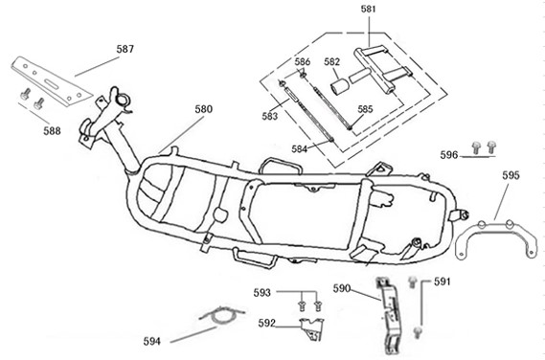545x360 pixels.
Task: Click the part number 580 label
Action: [203, 109]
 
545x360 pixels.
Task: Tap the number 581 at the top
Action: [369, 9]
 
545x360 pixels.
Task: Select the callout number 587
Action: [125, 49]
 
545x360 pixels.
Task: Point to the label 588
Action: [52, 131]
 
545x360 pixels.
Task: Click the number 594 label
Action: [152, 342]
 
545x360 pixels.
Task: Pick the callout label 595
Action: [511, 175]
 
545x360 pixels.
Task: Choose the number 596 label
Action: [449, 155]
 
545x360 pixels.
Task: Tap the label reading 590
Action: [342, 288]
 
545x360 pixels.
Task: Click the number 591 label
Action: [443, 281]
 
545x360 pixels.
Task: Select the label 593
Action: [262, 293]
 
